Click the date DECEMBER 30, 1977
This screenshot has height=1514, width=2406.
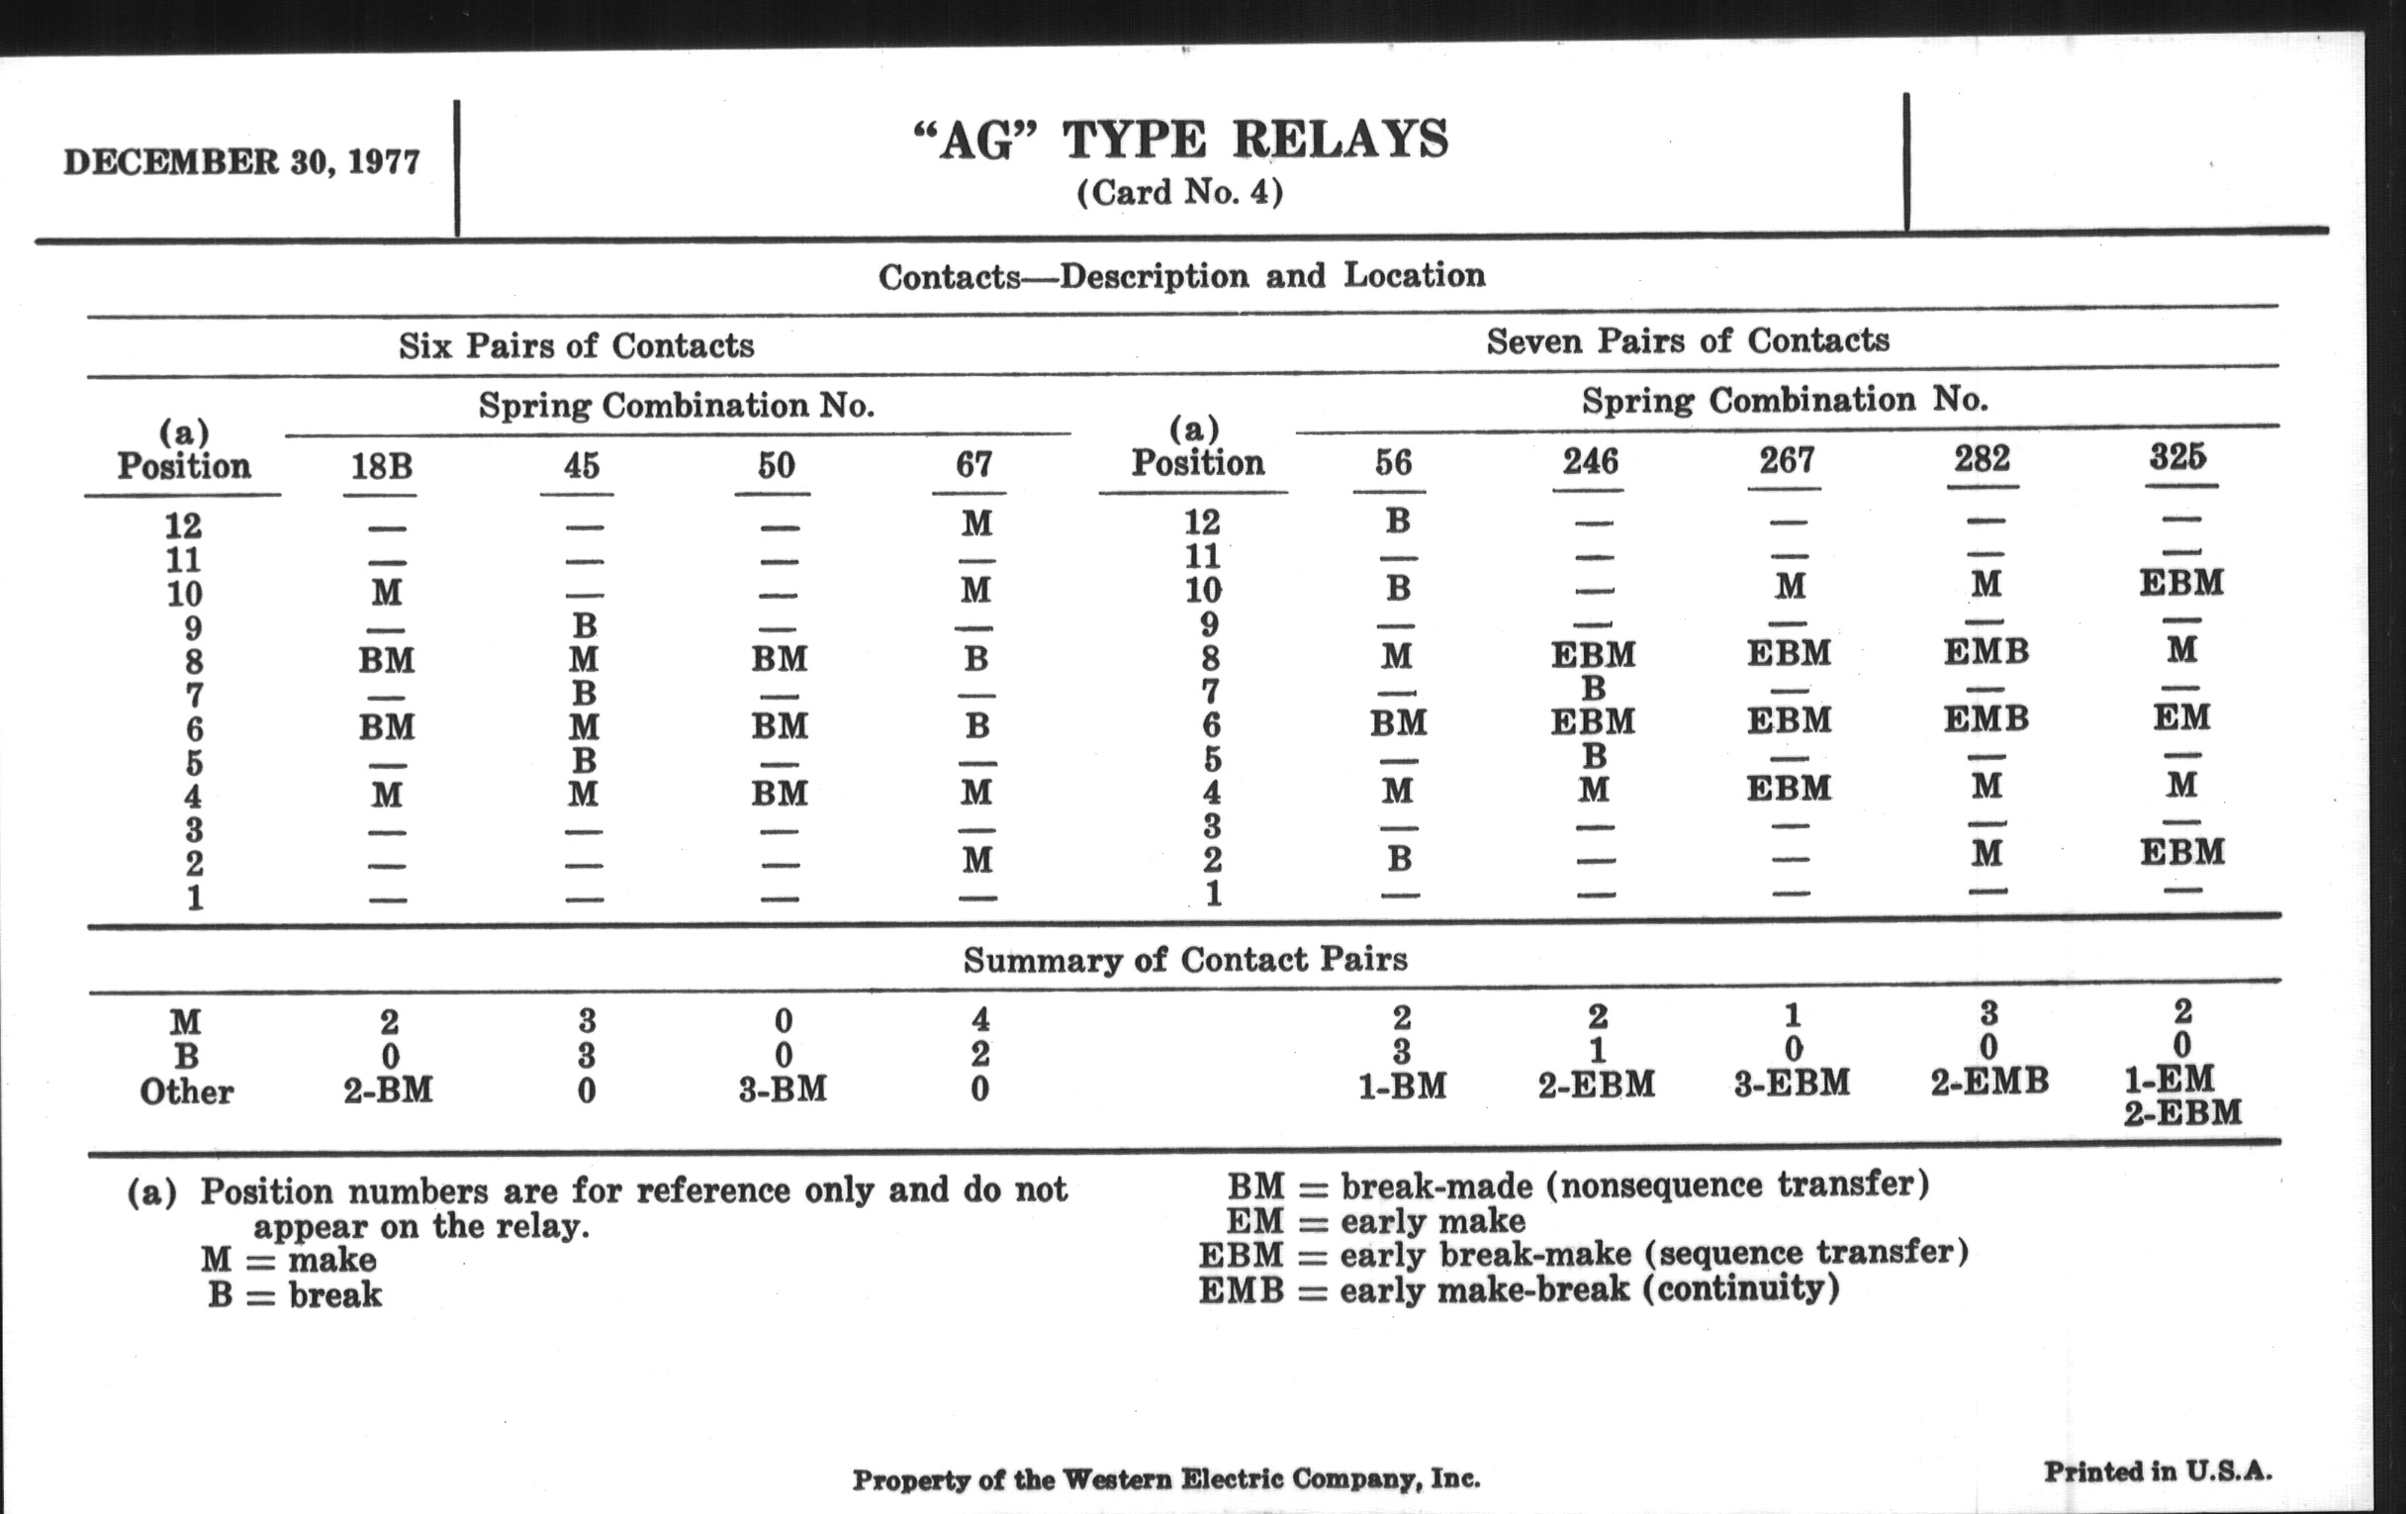coord(241,162)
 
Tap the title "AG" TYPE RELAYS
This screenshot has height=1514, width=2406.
coord(1180,140)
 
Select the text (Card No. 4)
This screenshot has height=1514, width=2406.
coord(1180,192)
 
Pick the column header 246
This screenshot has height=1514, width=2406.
coord(1590,462)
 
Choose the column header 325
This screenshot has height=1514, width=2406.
coord(2178,457)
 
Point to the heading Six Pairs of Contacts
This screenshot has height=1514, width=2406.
coord(576,345)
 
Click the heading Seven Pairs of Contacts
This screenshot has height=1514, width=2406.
coord(1688,340)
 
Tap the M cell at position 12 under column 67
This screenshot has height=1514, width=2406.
coord(976,522)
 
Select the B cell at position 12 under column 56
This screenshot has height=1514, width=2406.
coord(1398,520)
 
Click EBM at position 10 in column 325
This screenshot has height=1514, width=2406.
coord(2181,583)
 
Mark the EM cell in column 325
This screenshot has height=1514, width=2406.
coord(2181,716)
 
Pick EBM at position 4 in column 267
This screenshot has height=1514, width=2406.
coord(1789,788)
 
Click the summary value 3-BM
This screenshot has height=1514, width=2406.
coord(783,1089)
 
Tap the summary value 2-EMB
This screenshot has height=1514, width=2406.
coord(1990,1082)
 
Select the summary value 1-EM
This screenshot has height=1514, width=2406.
coord(2170,1080)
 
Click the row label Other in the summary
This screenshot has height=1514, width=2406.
coord(186,1091)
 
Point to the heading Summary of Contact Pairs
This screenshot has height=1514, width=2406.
coord(1185,961)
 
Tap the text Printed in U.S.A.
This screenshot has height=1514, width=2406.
coord(2158,1471)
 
